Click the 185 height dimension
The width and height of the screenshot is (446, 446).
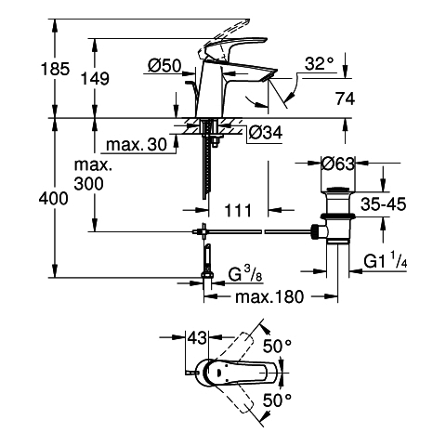(x=56, y=69)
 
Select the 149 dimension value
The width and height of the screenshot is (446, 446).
(x=95, y=79)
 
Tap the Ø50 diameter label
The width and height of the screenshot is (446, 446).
(x=164, y=66)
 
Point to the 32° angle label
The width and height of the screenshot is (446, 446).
(x=320, y=64)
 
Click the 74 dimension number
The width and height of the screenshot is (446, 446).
(x=345, y=99)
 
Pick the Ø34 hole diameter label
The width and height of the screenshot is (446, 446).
(x=266, y=133)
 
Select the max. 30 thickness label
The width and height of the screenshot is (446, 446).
(x=137, y=144)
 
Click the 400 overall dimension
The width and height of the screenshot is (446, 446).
(x=54, y=199)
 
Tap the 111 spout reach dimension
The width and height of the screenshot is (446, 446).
(x=238, y=211)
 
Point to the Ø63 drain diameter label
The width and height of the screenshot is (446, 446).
(x=337, y=164)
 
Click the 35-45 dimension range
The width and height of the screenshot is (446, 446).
(x=384, y=204)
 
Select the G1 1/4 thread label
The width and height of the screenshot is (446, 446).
(x=386, y=261)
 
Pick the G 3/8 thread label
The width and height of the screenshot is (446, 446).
(x=245, y=274)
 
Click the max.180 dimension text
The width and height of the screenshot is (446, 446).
(x=269, y=297)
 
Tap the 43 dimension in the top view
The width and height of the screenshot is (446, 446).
(x=197, y=337)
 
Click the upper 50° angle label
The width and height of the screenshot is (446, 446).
(x=278, y=346)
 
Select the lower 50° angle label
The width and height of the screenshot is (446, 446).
(x=278, y=400)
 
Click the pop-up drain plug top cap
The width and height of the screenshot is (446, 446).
(x=338, y=190)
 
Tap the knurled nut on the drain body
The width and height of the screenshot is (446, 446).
(x=315, y=232)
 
